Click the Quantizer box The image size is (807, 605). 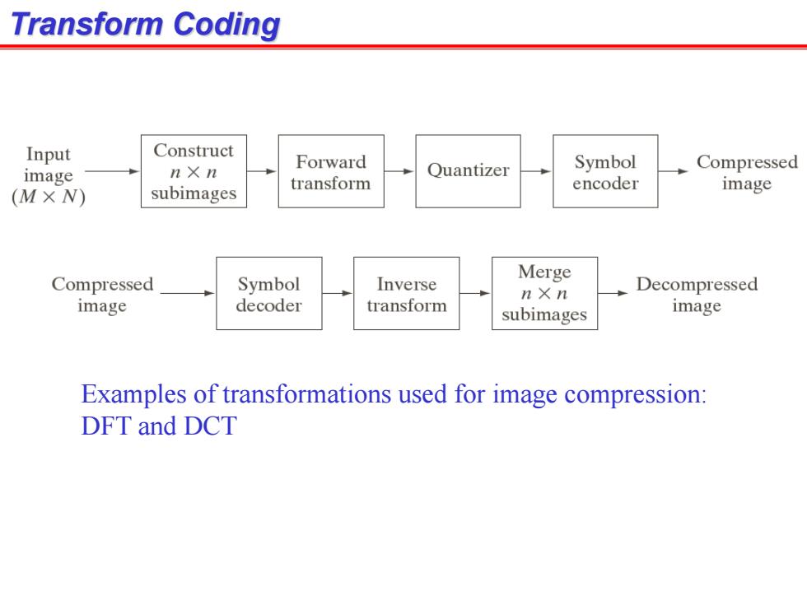pyautogui.click(x=468, y=171)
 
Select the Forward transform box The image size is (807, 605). pyautogui.click(x=331, y=171)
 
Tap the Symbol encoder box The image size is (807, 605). pyautogui.click(x=605, y=171)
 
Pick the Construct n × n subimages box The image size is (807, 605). pyautogui.click(x=194, y=171)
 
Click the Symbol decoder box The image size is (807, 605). pyautogui.click(x=269, y=293)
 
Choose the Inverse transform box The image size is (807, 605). pyautogui.click(x=407, y=293)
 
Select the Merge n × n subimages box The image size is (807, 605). pyautogui.click(x=544, y=293)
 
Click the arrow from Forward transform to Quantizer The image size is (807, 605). pyautogui.click(x=399, y=171)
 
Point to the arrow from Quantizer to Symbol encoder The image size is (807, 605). pyautogui.click(x=536, y=171)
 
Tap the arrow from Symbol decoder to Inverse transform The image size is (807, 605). pyautogui.click(x=338, y=293)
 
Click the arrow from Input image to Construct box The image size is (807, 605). pyautogui.click(x=112, y=171)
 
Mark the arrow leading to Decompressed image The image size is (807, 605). pyautogui.click(x=613, y=293)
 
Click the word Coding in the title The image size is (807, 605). pyautogui.click(x=226, y=24)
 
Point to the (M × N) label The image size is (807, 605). pyautogui.click(x=49, y=197)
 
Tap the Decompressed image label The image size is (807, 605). pyautogui.click(x=697, y=295)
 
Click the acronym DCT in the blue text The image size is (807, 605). pyautogui.click(x=210, y=426)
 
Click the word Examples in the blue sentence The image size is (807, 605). pyautogui.click(x=133, y=394)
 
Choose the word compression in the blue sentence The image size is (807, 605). pyautogui.click(x=635, y=394)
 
